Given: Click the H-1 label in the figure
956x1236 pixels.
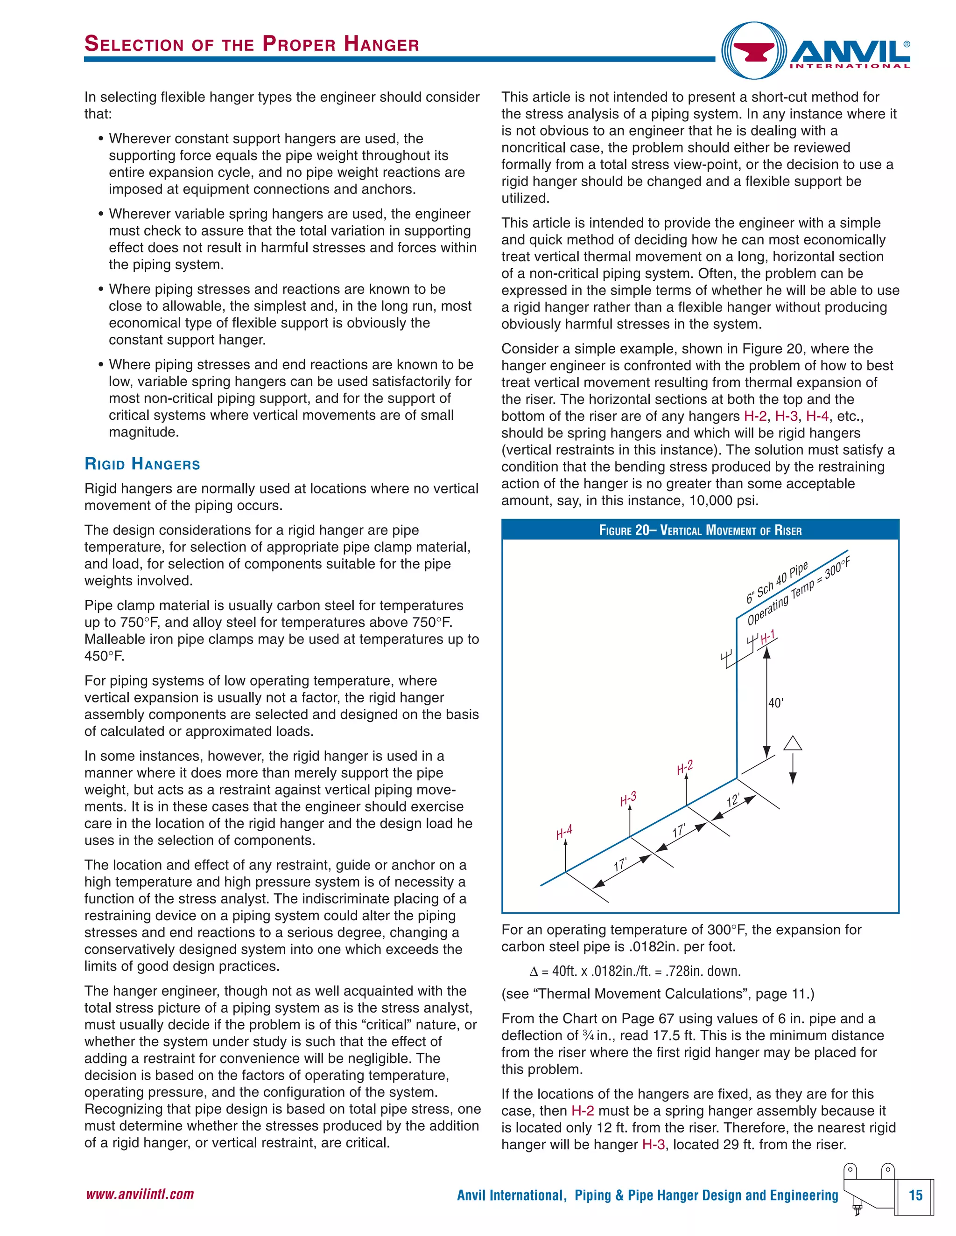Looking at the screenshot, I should (768, 637).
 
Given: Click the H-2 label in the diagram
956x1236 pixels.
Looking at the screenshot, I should (685, 768).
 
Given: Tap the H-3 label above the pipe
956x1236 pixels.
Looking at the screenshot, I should (628, 799).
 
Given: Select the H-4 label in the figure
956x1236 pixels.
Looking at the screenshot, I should (564, 832).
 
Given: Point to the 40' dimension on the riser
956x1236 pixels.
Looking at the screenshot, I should (775, 703).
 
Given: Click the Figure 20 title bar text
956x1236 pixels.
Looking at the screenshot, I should (700, 530).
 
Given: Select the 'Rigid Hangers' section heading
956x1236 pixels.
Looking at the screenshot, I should (142, 464).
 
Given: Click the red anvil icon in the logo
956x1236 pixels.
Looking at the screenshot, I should (754, 51).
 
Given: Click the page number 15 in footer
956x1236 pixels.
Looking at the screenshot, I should (915, 1195).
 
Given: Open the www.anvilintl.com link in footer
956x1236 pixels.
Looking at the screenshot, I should (140, 1194).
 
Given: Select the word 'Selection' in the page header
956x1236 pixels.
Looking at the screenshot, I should (134, 44).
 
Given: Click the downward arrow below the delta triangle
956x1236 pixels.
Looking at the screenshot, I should (793, 770).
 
